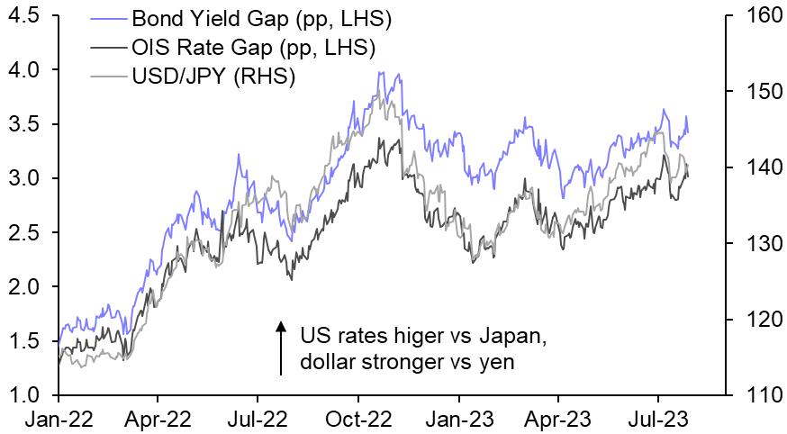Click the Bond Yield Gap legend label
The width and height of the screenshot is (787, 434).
point(240,18)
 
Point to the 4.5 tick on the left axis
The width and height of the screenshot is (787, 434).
point(24,16)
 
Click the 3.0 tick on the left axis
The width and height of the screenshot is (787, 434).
point(24,178)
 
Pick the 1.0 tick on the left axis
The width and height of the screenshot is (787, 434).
point(24,395)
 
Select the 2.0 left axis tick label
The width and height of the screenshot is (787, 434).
point(24,287)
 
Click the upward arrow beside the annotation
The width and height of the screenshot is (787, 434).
point(280,346)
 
